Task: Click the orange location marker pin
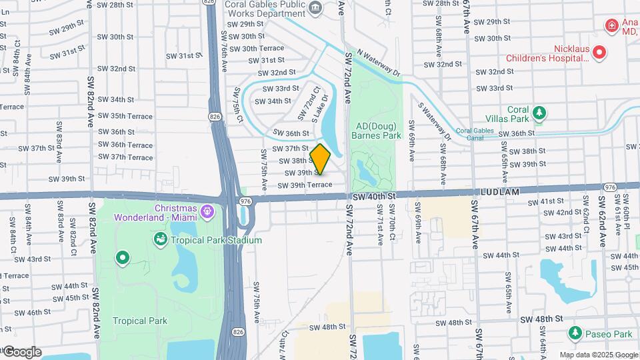click(321, 159)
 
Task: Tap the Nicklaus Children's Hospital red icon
click(599, 52)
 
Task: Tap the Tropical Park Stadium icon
click(161, 239)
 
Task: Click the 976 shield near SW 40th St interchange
click(245, 200)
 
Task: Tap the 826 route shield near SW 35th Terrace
click(215, 117)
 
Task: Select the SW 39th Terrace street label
click(305, 185)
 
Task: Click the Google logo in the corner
click(22, 351)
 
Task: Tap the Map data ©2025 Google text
click(598, 355)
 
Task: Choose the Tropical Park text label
click(139, 321)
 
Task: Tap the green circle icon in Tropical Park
click(123, 257)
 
